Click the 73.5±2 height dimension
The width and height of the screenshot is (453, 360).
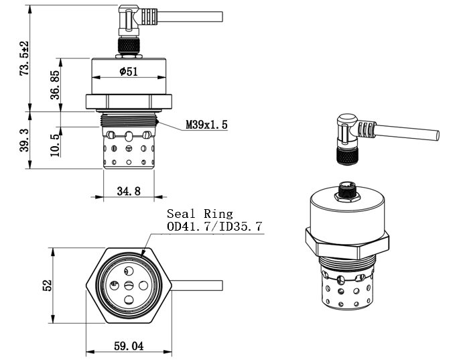click(24, 58)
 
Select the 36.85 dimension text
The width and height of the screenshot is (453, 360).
click(55, 84)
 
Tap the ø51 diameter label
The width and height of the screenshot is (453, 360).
click(129, 71)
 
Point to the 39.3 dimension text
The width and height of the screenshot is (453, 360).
click(24, 140)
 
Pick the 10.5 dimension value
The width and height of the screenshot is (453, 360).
click(55, 145)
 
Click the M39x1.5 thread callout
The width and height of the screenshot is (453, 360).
click(206, 125)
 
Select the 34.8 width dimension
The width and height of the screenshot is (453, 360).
click(129, 191)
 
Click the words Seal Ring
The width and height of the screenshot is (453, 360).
click(200, 214)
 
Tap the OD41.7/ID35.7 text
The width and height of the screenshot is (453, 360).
click(214, 226)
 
